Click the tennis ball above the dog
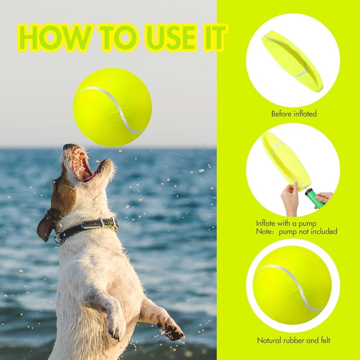click(112, 107)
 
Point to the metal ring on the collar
click(59, 238)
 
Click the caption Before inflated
click(293, 114)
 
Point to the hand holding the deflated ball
click(290, 198)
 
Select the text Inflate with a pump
click(286, 223)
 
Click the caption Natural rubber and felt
click(293, 341)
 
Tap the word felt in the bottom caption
click(323, 341)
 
